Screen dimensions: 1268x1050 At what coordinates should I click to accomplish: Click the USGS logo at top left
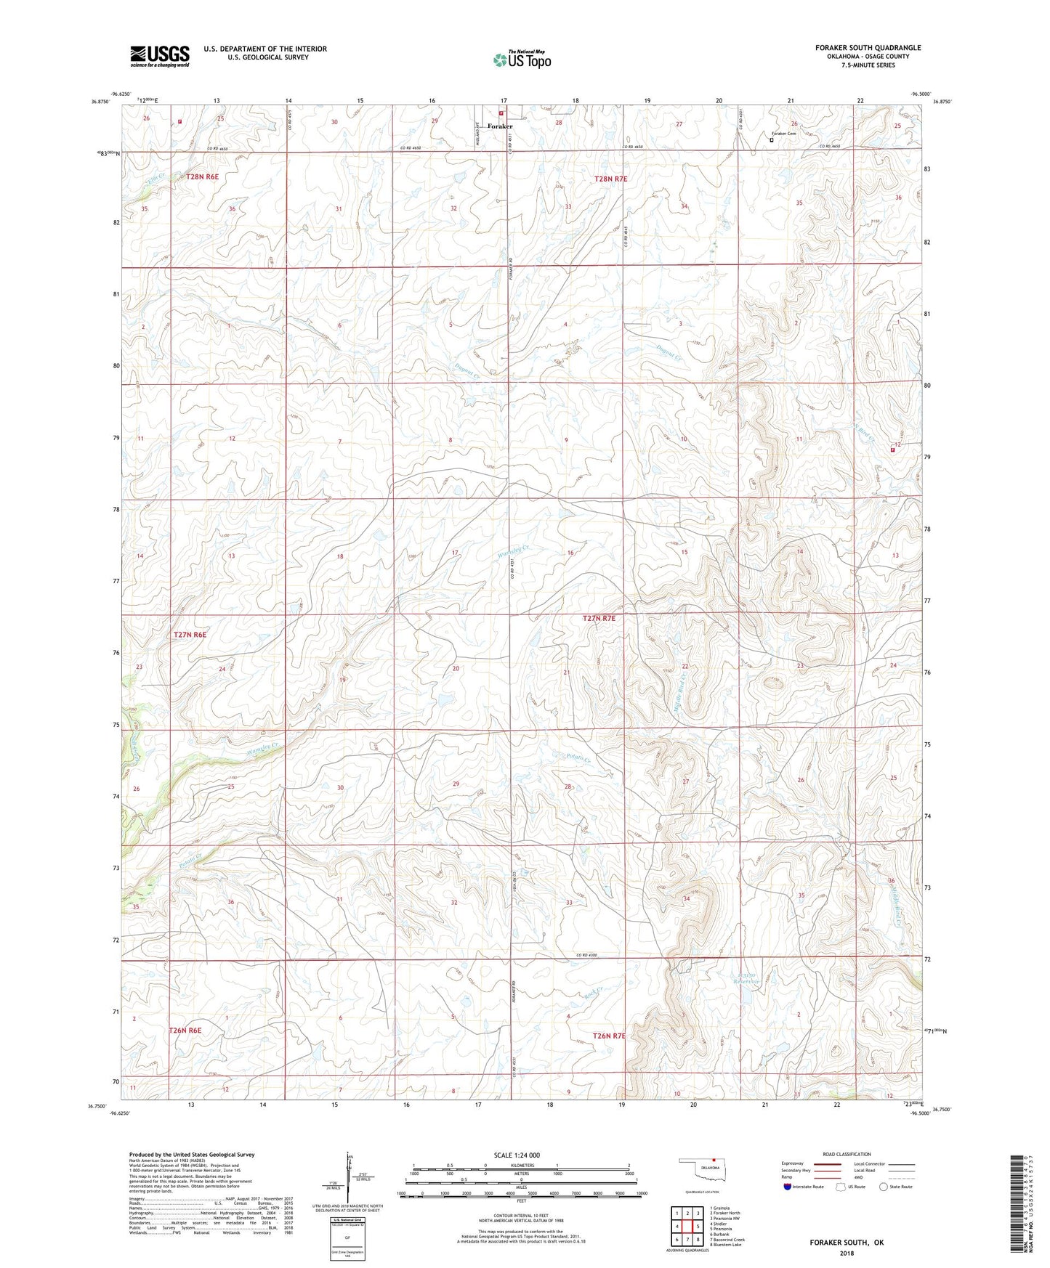tap(160, 56)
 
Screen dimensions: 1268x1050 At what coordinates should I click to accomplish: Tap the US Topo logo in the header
tap(522, 60)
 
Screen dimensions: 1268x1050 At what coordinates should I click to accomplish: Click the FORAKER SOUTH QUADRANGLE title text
tap(857, 48)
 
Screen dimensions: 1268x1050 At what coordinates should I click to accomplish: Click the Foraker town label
tap(500, 126)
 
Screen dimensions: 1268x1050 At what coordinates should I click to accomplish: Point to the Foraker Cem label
tap(784, 134)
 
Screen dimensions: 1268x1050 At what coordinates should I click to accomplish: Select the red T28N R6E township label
tap(202, 176)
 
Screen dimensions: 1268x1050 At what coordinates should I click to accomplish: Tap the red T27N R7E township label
tap(599, 619)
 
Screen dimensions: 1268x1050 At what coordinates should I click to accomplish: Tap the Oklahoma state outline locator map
tap(700, 1174)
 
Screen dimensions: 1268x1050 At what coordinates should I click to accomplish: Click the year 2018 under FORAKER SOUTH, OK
tap(846, 1253)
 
